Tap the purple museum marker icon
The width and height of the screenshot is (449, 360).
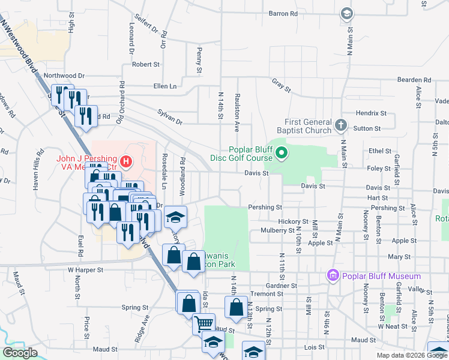tap(332, 275)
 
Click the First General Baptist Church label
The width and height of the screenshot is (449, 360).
tap(304, 125)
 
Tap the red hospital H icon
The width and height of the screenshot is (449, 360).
tap(125, 161)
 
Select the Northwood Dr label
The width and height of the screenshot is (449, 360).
tap(64, 76)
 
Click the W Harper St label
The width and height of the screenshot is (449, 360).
tap(86, 270)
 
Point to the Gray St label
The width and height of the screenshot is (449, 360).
tap(280, 86)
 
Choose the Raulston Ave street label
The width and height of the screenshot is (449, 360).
tap(237, 112)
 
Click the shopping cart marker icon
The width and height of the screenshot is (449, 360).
tap(203, 323)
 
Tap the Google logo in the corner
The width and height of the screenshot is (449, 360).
tap(20, 353)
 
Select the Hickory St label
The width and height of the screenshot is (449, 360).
tap(293, 221)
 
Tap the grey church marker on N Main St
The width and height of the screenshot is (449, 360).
tap(340, 125)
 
